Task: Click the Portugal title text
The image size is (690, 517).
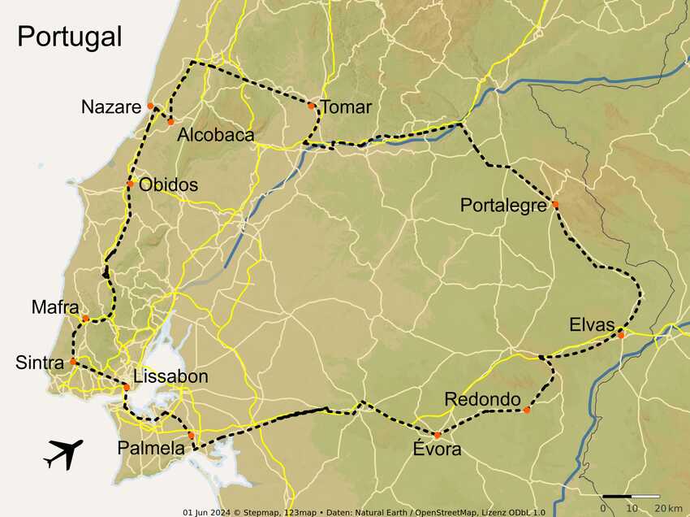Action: click(x=70, y=36)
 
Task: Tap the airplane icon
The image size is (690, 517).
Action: click(x=63, y=454)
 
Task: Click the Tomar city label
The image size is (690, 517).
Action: click(x=346, y=107)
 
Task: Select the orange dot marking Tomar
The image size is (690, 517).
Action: click(x=311, y=106)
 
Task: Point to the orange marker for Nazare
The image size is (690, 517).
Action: click(x=150, y=106)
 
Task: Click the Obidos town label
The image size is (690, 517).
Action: click(x=168, y=185)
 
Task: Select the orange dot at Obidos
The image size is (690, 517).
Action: click(x=130, y=185)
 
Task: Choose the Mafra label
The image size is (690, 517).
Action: click(x=54, y=307)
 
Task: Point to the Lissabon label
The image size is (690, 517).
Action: click(x=170, y=377)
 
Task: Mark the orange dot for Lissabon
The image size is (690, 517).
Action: click(x=127, y=387)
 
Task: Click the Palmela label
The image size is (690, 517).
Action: click(x=150, y=448)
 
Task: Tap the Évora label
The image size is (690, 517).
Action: click(x=437, y=450)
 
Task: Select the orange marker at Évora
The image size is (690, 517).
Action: click(x=437, y=435)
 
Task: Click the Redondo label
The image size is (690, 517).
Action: click(x=482, y=400)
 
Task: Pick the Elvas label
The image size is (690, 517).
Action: click(x=592, y=325)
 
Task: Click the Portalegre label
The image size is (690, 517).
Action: click(x=503, y=206)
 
